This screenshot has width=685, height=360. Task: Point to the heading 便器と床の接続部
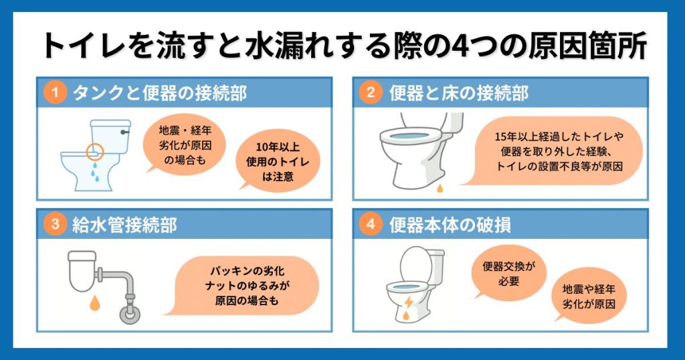click(x=458, y=93)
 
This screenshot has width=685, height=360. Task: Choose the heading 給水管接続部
click(x=124, y=225)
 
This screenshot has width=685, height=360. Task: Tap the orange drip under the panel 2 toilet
click(x=439, y=189)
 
